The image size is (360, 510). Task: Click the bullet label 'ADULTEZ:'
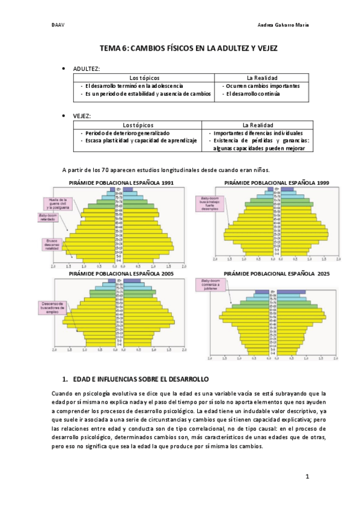pos(87,69)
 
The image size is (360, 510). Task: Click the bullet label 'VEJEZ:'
pos(82,115)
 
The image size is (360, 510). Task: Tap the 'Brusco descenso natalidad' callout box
pos(50,244)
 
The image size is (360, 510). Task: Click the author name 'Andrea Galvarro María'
pos(282,25)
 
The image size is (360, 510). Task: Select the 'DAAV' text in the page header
pos(58,25)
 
